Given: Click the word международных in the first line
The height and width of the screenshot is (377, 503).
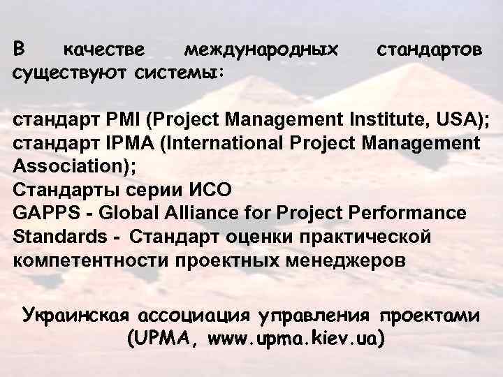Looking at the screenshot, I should [260, 50].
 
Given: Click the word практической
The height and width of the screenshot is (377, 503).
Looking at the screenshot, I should [359, 236].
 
